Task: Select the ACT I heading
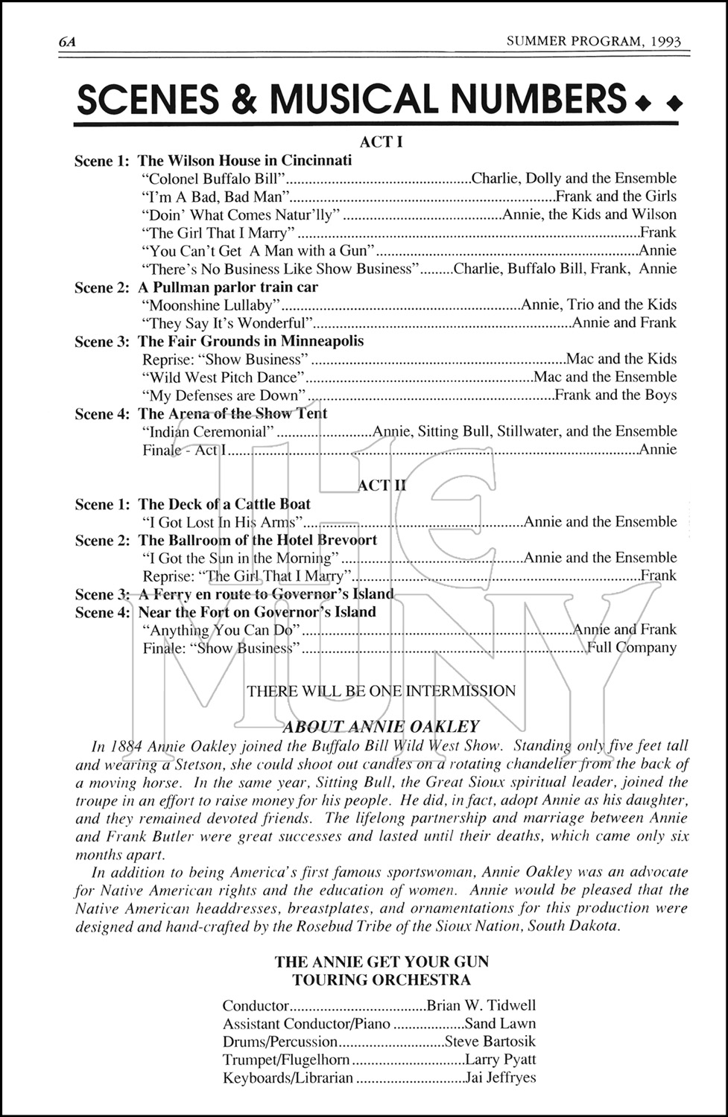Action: click(381, 141)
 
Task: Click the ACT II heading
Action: click(382, 486)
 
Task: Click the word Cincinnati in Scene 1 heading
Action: click(317, 160)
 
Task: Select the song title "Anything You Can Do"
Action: click(221, 630)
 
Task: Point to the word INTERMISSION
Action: click(459, 691)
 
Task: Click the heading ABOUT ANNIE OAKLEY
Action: click(381, 727)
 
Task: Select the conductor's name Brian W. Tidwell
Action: click(481, 1006)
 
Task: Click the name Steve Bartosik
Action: click(490, 1042)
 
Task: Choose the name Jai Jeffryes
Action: click(500, 1078)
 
